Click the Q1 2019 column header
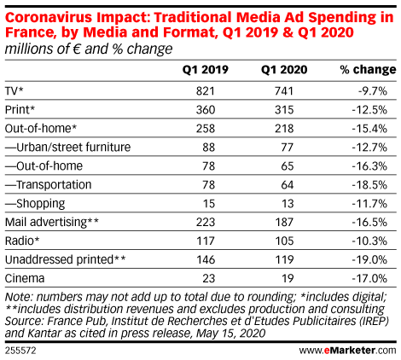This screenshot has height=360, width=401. point(206,70)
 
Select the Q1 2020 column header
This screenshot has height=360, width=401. point(284,70)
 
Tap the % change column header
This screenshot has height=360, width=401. point(368,69)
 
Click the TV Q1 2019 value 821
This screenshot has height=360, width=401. point(206,91)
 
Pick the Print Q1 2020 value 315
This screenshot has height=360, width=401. point(284,110)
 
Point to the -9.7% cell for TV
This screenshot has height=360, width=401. point(373,91)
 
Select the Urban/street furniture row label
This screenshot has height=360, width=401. point(67,148)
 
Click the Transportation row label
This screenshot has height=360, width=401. point(49,185)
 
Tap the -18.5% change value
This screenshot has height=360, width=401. point(369,185)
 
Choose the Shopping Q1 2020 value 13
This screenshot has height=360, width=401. point(288,204)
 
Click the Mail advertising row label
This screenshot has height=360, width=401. point(52,222)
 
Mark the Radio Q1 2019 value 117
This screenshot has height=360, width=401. point(206,241)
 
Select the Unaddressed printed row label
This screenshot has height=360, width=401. point(65,259)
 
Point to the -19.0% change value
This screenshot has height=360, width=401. point(369,260)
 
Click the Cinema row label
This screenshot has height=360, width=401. point(25,278)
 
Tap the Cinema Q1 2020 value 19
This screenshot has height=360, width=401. point(288,278)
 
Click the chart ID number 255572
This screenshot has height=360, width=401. point(20,351)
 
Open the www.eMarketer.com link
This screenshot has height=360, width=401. point(347,351)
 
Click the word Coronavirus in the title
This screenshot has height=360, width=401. point(49,17)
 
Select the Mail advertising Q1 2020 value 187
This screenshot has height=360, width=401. point(284,222)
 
